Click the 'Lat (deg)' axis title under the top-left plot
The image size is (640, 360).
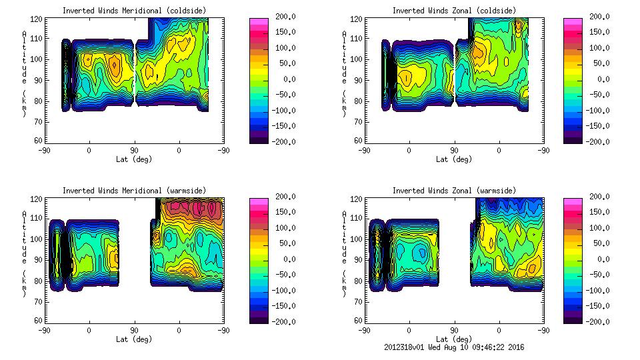[135, 159]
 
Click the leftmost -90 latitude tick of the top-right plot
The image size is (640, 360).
[364, 150]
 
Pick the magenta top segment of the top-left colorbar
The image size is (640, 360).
[258, 22]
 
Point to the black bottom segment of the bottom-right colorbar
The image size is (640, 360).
[571, 318]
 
